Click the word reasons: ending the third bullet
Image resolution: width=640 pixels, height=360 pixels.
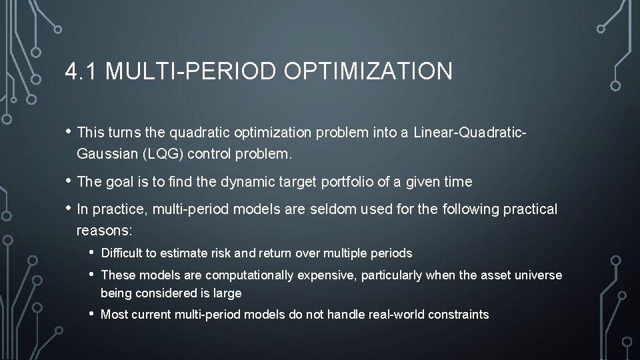point(105,229)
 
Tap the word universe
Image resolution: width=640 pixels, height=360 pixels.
point(539,275)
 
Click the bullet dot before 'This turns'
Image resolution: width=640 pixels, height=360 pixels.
point(69,133)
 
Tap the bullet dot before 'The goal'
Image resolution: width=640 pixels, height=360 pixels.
point(69,181)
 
